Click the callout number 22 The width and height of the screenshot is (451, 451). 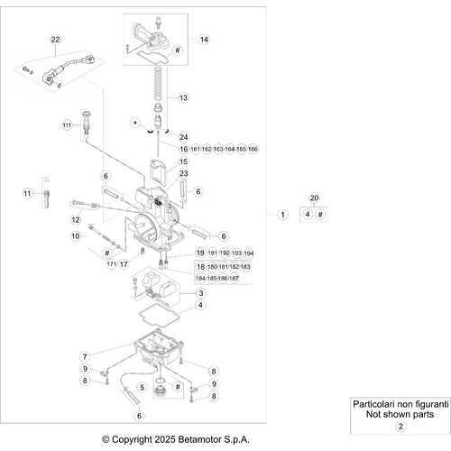[54, 40]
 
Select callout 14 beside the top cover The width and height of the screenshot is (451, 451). [204, 40]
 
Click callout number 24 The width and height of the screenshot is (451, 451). [183, 136]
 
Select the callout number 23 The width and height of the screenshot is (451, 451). [183, 174]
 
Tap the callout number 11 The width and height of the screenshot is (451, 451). [27, 193]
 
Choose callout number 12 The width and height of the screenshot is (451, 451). [76, 219]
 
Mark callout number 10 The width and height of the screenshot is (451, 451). [76, 236]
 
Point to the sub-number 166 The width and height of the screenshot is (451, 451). [253, 149]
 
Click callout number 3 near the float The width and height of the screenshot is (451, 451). [201, 293]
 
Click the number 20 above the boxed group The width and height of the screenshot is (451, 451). [314, 197]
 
